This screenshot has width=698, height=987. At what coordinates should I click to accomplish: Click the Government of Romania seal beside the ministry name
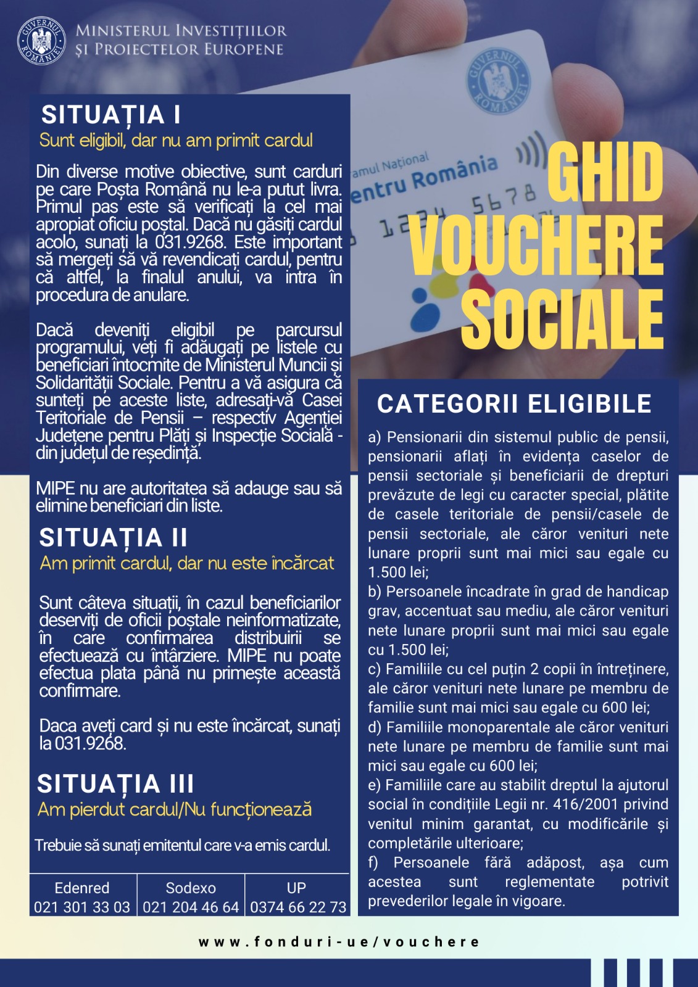coord(41,41)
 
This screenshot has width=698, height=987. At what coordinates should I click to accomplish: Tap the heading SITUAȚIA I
coord(110,115)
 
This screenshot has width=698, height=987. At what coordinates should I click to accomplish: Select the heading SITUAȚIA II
coord(113,537)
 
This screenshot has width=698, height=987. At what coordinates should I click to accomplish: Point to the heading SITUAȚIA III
coord(115,783)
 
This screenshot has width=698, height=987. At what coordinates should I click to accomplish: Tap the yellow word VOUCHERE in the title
coord(536,245)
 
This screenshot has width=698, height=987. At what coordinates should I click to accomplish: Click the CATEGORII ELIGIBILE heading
coord(514,403)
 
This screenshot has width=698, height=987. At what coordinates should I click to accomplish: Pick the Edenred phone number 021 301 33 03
coord(82,907)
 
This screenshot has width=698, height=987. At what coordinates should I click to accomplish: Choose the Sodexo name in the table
coord(191,888)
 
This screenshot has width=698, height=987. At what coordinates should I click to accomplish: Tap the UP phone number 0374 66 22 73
coord(298,907)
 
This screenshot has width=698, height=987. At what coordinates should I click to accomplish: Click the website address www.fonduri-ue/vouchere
coord(339,942)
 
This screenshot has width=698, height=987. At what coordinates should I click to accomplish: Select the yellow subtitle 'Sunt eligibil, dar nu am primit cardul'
coord(176,141)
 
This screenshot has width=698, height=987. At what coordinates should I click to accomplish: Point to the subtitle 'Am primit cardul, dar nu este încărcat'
coord(186,563)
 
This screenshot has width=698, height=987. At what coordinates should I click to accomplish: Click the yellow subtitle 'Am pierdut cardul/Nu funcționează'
coord(175,809)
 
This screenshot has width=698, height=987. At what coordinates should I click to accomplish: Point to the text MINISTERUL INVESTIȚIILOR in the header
coord(181,30)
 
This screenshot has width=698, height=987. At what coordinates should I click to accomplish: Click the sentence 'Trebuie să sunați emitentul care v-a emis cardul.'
coord(183,845)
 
